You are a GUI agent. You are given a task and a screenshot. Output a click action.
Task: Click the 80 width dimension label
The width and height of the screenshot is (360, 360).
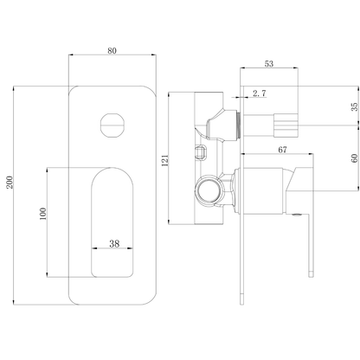tap(112, 51)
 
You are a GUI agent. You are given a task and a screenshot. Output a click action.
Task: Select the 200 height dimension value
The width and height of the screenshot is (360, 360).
tap(10, 183)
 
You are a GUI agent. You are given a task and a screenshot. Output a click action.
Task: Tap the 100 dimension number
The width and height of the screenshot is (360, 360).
tap(42, 214)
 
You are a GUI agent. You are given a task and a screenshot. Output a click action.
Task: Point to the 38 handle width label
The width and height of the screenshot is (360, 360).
tap(114, 243)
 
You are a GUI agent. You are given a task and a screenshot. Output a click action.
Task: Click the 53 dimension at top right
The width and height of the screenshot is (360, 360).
tap(269, 63)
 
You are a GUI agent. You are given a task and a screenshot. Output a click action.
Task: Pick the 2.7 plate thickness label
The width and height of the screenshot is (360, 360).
tap(260, 93)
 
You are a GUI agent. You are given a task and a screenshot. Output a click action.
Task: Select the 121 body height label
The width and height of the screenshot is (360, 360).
tap(165, 160)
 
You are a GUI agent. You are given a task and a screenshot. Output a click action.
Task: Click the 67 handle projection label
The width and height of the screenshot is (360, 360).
tap(282, 150)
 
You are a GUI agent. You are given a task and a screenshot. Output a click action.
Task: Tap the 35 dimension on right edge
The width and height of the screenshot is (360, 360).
tap(355, 106)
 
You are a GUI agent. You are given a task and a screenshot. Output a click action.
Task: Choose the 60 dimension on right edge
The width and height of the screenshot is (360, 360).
tap(355, 158)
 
